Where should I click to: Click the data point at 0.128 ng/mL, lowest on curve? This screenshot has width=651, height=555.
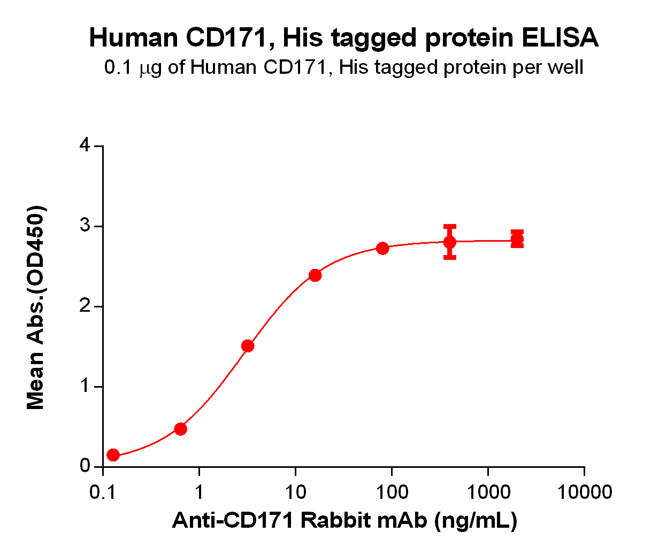113,455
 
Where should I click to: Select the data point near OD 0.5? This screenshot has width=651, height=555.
181,429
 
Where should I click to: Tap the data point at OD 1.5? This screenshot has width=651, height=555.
248,346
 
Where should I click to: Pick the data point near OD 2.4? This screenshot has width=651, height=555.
315,275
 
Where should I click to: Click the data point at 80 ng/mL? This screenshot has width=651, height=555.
382,248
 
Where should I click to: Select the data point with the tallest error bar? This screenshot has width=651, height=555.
450,242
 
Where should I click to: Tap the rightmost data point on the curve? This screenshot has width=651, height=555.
517,239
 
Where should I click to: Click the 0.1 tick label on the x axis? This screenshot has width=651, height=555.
103,492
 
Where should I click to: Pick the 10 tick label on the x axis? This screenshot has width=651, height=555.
295,492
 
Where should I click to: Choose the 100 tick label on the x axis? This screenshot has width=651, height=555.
392,492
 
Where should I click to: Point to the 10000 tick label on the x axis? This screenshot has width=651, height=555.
584,492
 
